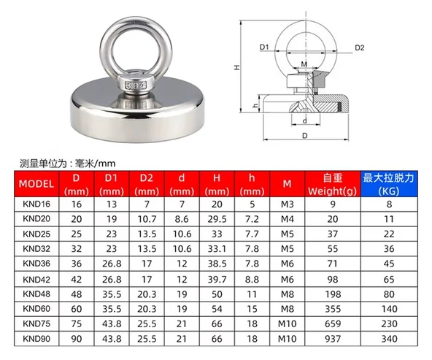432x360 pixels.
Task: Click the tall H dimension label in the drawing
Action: click(x=237, y=66)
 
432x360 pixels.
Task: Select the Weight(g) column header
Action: click(x=332, y=184)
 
